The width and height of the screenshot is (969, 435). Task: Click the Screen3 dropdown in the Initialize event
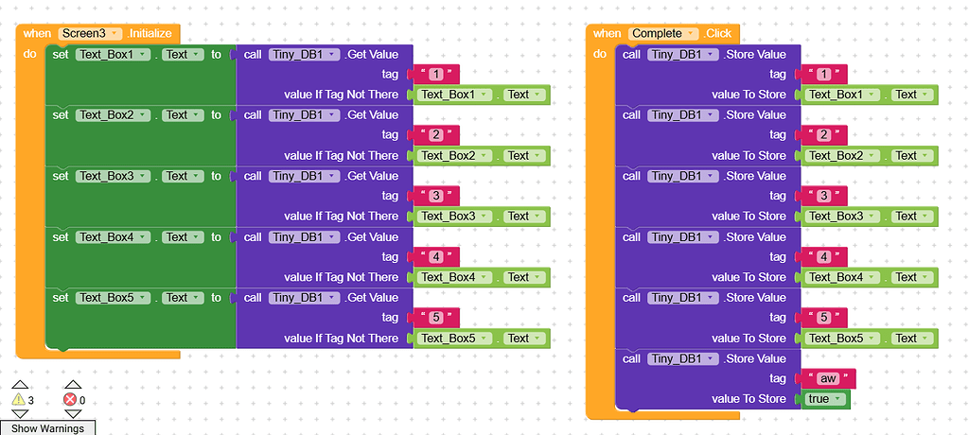tap(88, 33)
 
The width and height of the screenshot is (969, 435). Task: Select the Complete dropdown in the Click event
tap(664, 33)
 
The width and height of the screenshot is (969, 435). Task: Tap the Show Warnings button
tap(47, 428)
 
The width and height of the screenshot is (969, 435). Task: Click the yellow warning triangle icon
tap(19, 400)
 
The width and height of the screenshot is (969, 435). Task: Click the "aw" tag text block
tap(828, 378)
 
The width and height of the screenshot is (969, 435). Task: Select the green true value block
tap(824, 399)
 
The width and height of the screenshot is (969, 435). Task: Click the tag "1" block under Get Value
tap(436, 74)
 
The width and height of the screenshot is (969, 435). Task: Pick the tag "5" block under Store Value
tap(824, 318)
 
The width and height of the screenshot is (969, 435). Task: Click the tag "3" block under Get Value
tap(436, 196)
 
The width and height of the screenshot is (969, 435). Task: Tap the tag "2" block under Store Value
tap(824, 135)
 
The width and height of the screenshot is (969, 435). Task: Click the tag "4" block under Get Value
tap(436, 257)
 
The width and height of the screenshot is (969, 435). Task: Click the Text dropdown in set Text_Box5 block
tap(183, 298)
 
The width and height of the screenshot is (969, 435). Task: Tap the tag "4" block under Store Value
tap(824, 257)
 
